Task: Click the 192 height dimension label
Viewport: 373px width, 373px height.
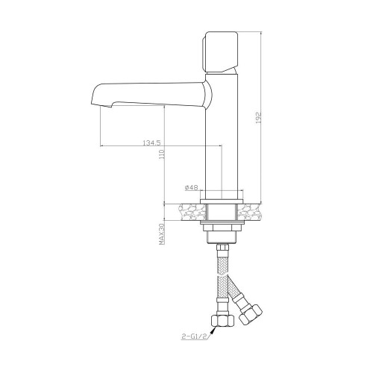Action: coord(259,117)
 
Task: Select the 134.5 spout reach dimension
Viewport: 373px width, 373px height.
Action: coord(152,142)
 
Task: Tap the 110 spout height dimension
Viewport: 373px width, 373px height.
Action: coord(163,154)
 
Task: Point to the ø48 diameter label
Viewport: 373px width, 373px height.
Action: coord(191,187)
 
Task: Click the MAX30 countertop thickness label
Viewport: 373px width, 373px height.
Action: coord(163,233)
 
